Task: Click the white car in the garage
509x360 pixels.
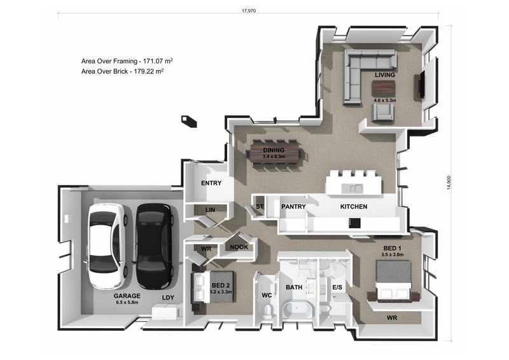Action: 106,246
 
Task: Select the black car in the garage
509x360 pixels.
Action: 154,246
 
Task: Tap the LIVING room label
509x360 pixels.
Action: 385,75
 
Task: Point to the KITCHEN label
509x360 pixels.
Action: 354,207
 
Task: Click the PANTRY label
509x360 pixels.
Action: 293,207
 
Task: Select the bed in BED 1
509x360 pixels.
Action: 393,280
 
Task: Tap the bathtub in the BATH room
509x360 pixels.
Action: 297,309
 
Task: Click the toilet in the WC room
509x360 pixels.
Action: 267,311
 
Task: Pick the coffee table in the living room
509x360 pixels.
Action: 384,88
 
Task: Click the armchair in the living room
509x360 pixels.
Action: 383,113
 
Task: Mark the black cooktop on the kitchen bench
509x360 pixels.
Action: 354,223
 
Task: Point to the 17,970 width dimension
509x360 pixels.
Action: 249,11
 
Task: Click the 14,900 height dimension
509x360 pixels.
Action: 449,183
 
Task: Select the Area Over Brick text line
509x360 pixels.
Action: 122,71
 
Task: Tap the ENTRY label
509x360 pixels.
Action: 211,183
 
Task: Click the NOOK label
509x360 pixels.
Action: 239,247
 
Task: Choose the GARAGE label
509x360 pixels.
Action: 127,296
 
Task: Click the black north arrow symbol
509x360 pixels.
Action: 189,121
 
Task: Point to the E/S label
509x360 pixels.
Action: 337,287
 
